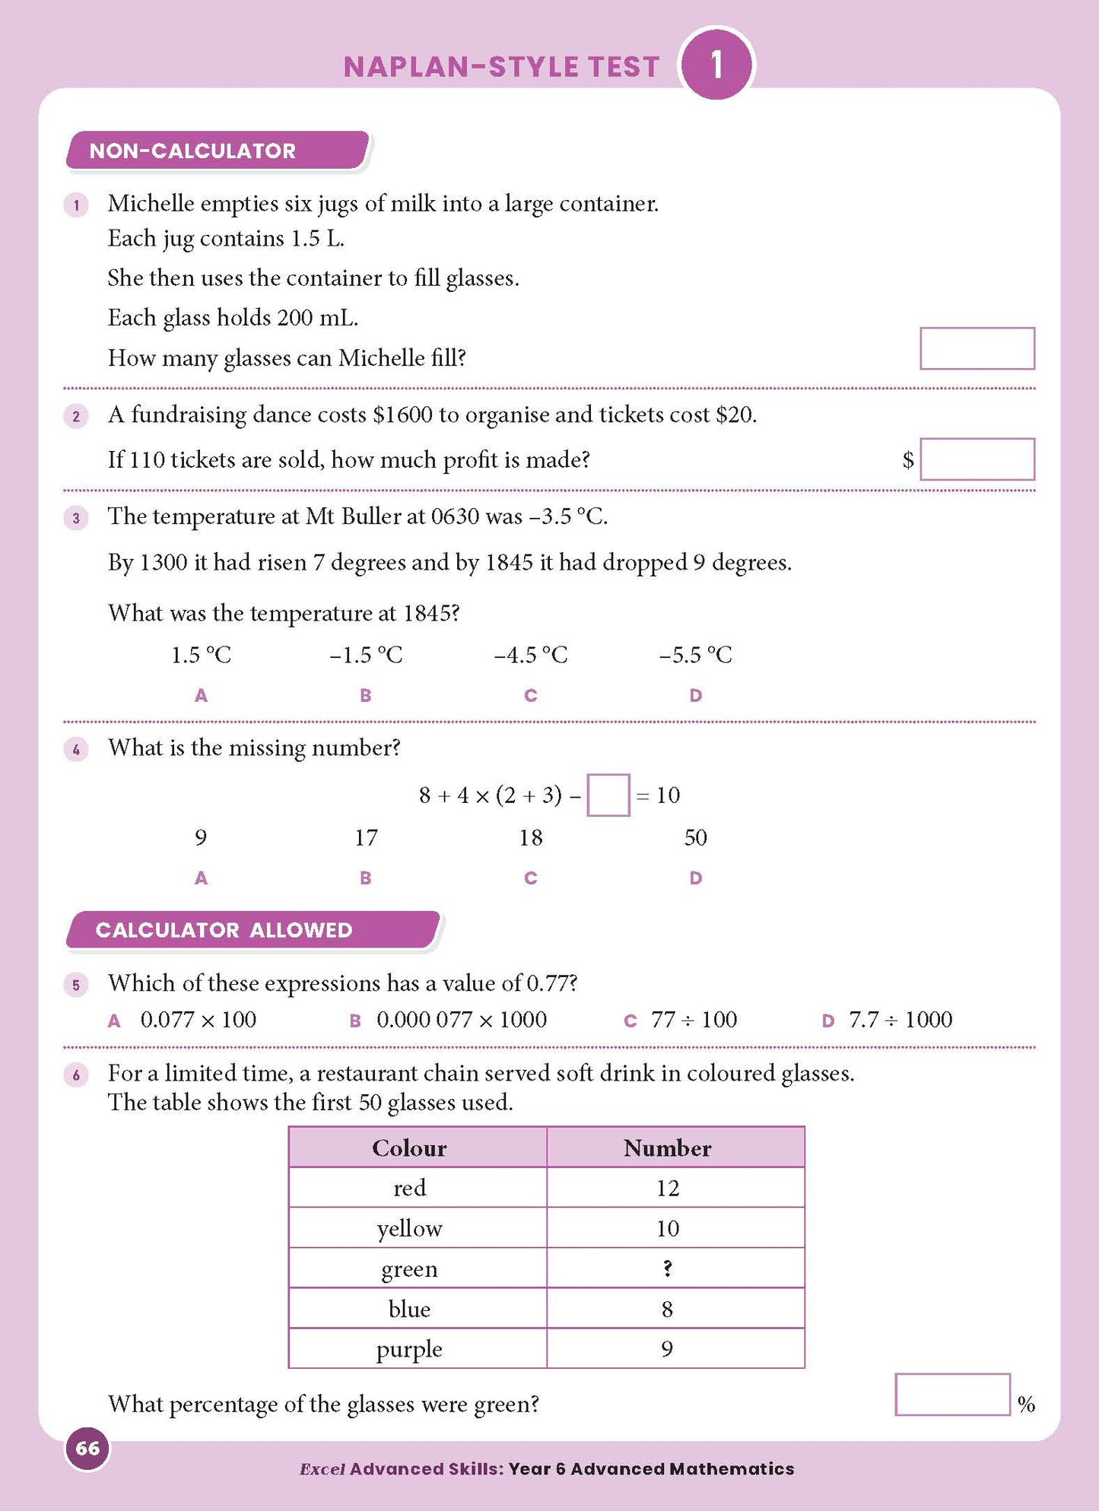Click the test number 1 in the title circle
click(x=716, y=65)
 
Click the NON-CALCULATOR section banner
click(x=217, y=151)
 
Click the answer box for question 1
click(x=977, y=348)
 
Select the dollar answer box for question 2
click(x=977, y=459)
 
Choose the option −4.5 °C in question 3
click(x=530, y=655)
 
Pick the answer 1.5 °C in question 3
click(x=201, y=655)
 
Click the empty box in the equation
click(x=608, y=795)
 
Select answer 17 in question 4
click(x=366, y=837)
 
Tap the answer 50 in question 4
click(x=695, y=837)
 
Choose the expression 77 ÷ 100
click(x=694, y=1019)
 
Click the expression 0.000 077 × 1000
click(x=461, y=1019)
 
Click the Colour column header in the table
click(x=409, y=1148)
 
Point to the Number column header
click(x=667, y=1148)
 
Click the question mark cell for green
click(x=667, y=1268)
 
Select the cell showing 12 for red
click(x=667, y=1188)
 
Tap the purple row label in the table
click(x=409, y=1349)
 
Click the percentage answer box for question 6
click(x=952, y=1394)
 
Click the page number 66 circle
click(x=87, y=1447)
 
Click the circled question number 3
click(x=76, y=519)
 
